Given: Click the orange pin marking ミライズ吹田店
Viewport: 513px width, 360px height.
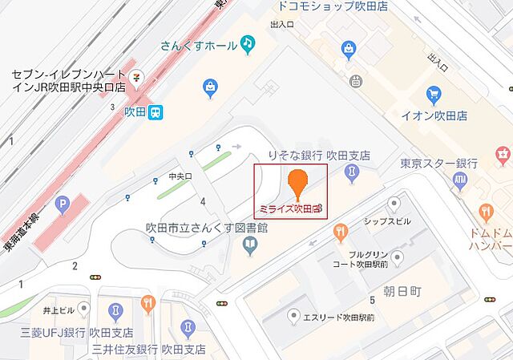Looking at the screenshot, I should [x=297, y=182].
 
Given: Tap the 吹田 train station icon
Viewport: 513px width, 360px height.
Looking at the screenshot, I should [x=156, y=111].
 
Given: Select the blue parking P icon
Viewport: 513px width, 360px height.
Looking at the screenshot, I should [x=62, y=206].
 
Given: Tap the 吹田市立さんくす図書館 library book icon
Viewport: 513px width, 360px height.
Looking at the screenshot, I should [x=250, y=245].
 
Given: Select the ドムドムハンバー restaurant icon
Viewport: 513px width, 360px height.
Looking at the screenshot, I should [x=486, y=211].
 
